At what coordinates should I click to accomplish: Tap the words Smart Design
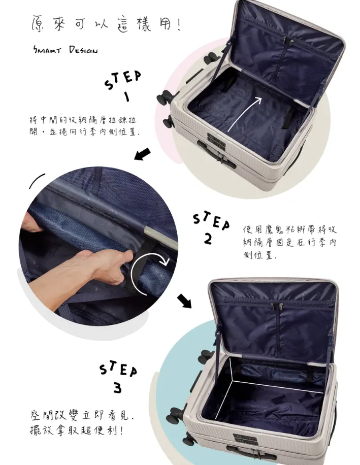pos(65,50)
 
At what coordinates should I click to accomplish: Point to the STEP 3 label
pos(118,377)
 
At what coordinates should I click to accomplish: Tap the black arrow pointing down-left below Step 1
pos(143,154)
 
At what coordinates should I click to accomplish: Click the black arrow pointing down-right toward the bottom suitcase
pos(184,301)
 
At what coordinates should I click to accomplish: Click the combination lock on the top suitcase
pos(216,140)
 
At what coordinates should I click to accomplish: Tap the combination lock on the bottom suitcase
pos(245,439)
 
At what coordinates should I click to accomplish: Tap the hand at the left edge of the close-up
pos(31,226)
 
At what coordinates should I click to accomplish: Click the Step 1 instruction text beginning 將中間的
pos(83,126)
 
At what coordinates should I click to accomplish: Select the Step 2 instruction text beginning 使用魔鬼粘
pos(290,242)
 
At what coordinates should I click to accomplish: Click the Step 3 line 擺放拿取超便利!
pos(77,430)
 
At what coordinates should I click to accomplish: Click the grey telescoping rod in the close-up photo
pos(160,237)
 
